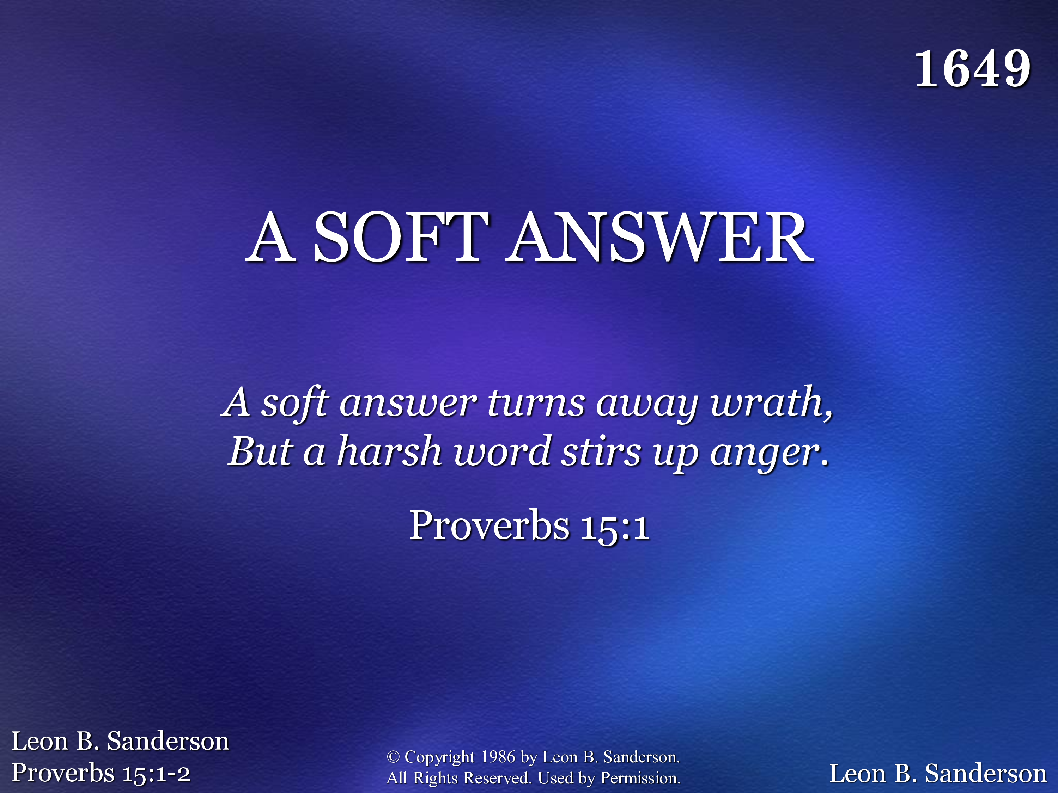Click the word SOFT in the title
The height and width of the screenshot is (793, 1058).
pyautogui.click(x=401, y=237)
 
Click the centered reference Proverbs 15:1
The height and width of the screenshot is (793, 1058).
pyautogui.click(x=529, y=526)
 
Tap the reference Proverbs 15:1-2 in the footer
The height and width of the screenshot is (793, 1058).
pyautogui.click(x=101, y=773)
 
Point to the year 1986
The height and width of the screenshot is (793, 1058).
pyautogui.click(x=498, y=757)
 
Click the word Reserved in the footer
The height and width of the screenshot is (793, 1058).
pyautogui.click(x=497, y=778)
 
